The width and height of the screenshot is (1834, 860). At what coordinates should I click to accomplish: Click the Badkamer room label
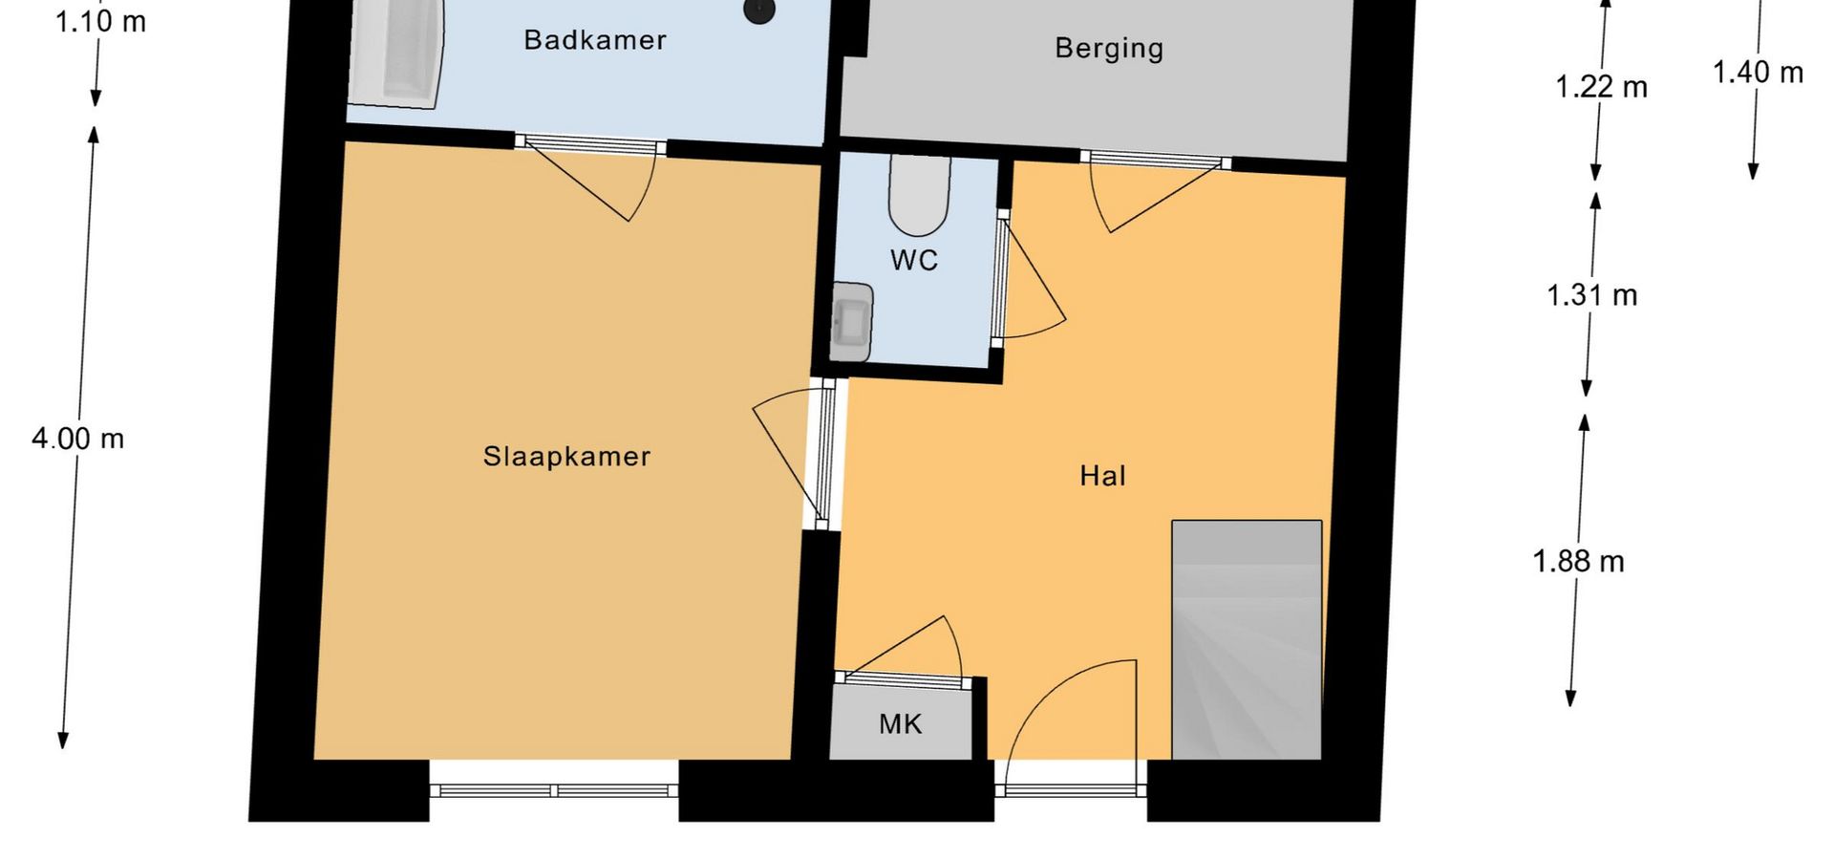(595, 40)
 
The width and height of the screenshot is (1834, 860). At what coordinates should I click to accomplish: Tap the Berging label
(1109, 49)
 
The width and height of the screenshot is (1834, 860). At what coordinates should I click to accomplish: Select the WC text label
(914, 260)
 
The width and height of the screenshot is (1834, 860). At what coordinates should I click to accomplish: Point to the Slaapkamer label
(566, 457)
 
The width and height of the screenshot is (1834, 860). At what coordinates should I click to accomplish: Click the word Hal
(1102, 476)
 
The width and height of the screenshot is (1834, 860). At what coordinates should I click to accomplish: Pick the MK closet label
(900, 724)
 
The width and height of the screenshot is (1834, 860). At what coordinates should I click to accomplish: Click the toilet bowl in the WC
(919, 196)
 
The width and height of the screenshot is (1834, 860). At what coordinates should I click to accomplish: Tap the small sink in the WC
(850, 322)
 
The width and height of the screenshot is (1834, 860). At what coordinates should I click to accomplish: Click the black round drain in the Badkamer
(759, 11)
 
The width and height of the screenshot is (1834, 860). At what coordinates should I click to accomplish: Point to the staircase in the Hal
(1247, 640)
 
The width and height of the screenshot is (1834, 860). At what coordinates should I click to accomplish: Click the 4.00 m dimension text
(78, 440)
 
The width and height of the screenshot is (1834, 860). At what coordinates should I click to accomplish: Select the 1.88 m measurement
(1578, 561)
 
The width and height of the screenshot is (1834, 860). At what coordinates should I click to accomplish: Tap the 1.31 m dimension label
(1591, 295)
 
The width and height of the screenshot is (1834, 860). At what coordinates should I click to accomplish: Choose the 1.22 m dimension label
(1601, 88)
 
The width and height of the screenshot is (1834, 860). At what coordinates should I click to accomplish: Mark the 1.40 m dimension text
(1758, 73)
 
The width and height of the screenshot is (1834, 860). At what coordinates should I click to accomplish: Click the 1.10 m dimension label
(100, 21)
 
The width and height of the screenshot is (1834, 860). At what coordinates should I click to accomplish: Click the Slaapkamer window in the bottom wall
(554, 790)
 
